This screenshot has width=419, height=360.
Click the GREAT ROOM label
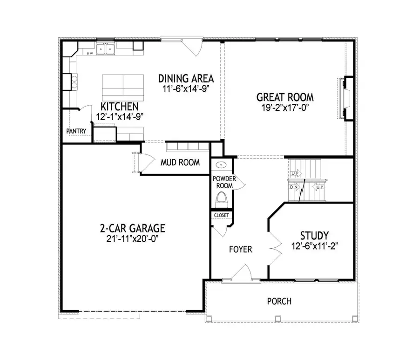coord(285,97)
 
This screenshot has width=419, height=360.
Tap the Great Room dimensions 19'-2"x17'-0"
coord(285,108)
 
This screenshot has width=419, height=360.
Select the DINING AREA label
coord(186,78)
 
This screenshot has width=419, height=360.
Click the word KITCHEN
coord(119,107)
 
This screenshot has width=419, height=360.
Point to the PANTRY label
coord(76,131)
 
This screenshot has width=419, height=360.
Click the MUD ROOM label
coord(180,163)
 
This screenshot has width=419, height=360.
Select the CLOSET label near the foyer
coord(221,215)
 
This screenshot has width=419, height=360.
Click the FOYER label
coord(240,250)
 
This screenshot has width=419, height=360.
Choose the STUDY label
coord(314,235)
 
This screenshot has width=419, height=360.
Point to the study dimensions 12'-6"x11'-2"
coord(314,246)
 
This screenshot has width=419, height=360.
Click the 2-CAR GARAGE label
coord(132,229)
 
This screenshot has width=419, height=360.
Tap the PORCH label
coord(279,301)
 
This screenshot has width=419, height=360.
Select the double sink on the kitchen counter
coord(106,49)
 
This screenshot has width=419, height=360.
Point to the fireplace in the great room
coord(344,98)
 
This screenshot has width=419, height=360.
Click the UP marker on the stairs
coord(295,174)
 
